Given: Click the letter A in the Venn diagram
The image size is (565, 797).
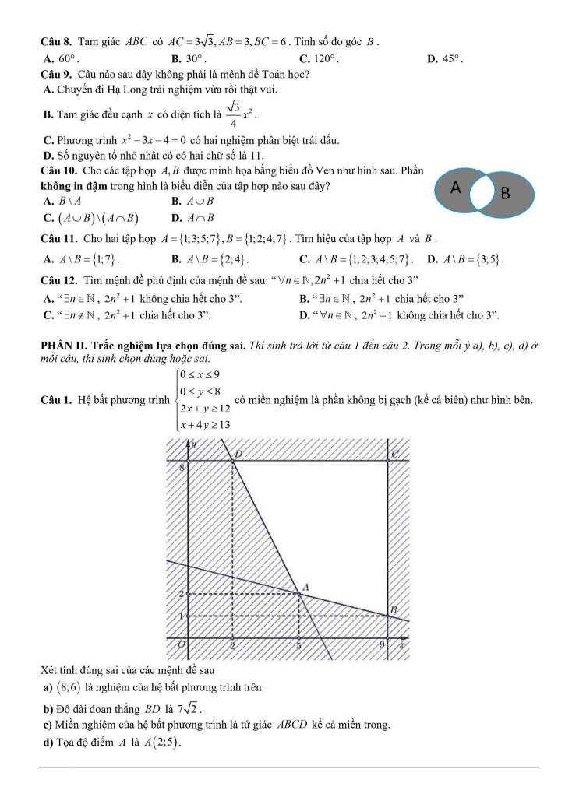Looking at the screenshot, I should click(x=456, y=188).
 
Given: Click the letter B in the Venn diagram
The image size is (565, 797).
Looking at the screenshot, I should click(x=504, y=193).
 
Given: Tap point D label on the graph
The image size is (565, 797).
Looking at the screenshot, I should click(x=238, y=453).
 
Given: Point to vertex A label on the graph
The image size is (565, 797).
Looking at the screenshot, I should click(x=305, y=586).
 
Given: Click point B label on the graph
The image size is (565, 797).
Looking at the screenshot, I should click(x=394, y=609).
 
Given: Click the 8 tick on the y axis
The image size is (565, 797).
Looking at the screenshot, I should click(x=182, y=467).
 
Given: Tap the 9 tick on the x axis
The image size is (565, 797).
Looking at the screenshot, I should click(x=382, y=645).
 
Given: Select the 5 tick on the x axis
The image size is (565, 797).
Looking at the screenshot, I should click(x=299, y=645).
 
